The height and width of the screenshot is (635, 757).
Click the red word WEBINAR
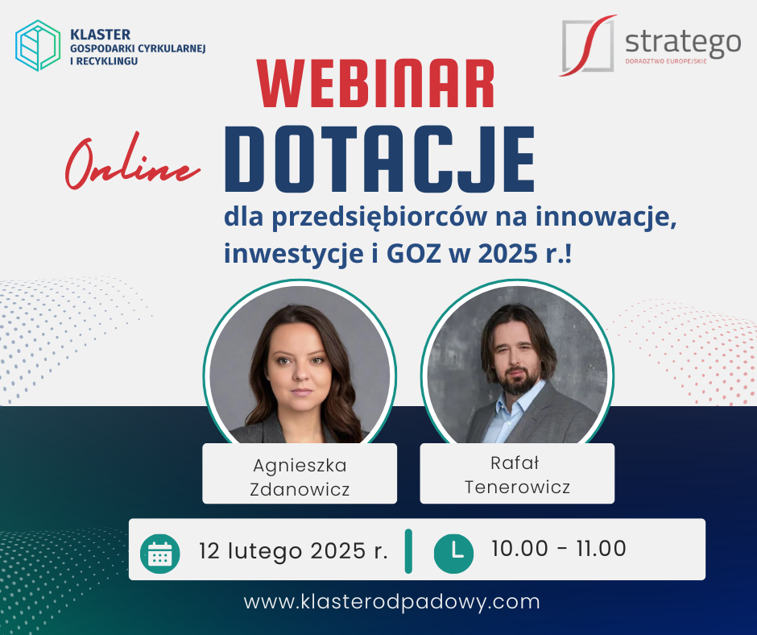(375, 83)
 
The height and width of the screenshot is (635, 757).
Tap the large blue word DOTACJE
(379, 159)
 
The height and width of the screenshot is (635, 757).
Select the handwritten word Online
(132, 162)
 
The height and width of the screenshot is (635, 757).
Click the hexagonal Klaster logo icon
(38, 45)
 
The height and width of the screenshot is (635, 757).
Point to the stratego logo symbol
(589, 45)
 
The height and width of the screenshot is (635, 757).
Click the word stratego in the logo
(683, 43)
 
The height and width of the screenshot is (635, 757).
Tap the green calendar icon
(159, 554)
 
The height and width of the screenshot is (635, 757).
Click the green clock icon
(454, 554)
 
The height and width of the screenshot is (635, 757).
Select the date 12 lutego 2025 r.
(293, 551)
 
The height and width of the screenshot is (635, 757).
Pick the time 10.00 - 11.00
(559, 549)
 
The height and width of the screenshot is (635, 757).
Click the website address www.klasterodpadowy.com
(391, 602)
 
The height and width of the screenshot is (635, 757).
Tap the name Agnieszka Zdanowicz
(300, 477)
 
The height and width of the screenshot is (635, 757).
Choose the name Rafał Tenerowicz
(517, 475)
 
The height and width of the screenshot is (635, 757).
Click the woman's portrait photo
(300, 365)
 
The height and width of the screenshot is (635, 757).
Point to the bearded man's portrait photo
(517, 365)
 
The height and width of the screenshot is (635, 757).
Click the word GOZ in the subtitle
(414, 253)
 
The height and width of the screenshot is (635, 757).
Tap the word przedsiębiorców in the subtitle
(379, 218)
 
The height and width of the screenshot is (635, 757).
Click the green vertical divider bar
(408, 551)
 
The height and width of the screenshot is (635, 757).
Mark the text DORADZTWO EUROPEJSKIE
(666, 61)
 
